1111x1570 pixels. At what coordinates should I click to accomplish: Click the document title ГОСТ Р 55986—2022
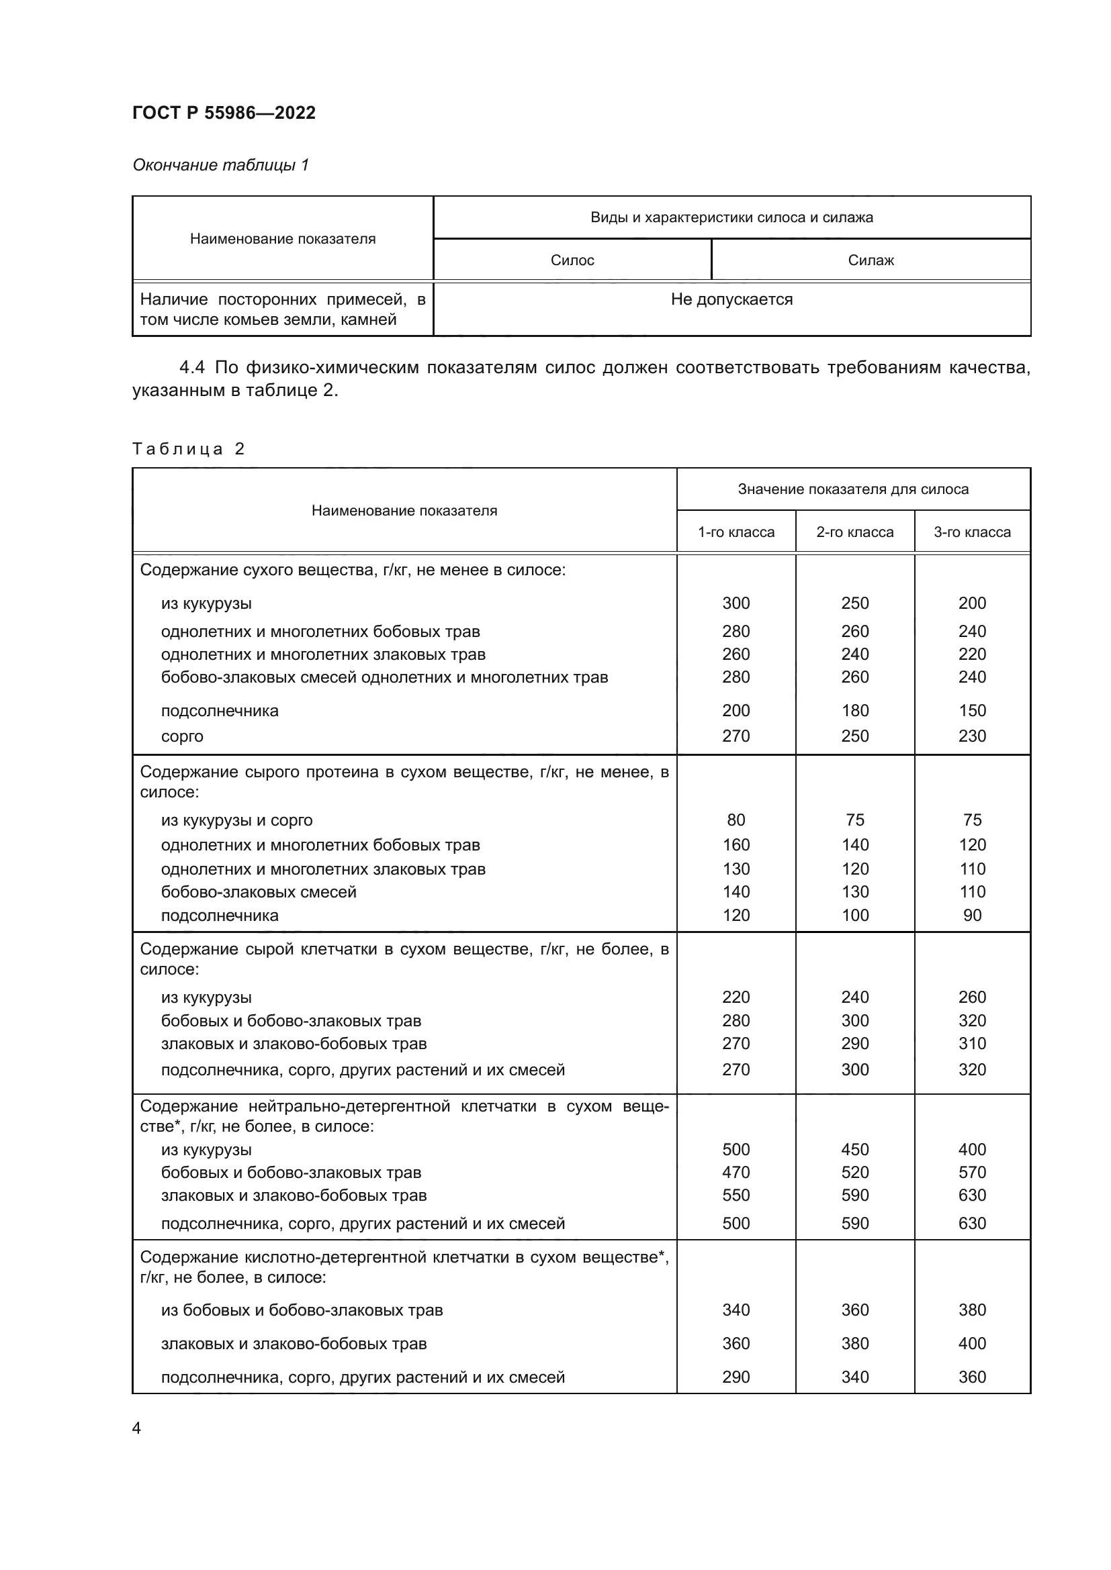click(x=224, y=113)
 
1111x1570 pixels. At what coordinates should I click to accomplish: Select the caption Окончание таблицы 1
click(x=220, y=165)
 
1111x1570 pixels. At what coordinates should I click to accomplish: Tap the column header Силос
click(x=572, y=260)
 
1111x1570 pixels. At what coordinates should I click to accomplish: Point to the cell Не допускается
click(x=731, y=299)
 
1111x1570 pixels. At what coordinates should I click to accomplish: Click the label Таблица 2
click(x=188, y=448)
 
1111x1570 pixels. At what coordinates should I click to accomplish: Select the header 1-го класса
click(x=736, y=532)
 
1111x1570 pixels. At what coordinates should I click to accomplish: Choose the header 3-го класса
click(x=971, y=532)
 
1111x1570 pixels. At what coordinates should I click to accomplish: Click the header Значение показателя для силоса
click(x=852, y=489)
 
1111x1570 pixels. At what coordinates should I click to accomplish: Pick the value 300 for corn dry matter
click(x=736, y=603)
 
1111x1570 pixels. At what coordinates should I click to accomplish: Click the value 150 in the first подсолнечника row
click(x=971, y=710)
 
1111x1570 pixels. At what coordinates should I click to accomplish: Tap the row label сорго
click(x=182, y=736)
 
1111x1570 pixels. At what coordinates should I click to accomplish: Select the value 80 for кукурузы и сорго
click(x=736, y=820)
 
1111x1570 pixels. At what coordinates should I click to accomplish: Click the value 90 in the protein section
click(x=971, y=915)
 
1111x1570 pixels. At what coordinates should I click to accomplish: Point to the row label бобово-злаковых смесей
click(x=259, y=891)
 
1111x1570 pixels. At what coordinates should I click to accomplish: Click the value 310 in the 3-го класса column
click(x=971, y=1044)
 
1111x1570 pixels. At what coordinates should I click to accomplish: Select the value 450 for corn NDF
click(x=854, y=1149)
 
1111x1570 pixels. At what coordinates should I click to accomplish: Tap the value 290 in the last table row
click(x=736, y=1377)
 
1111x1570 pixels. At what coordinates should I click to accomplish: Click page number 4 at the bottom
click(x=136, y=1428)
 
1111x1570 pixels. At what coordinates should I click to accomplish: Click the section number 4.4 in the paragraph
click(x=191, y=368)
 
